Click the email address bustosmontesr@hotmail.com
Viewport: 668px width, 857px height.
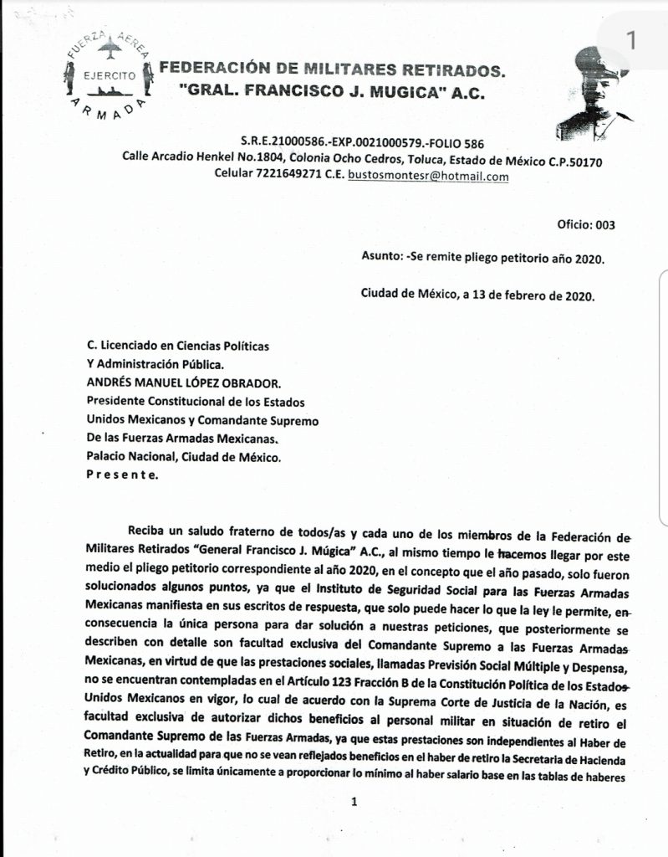[x=427, y=177]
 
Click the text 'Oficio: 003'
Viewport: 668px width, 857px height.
[x=585, y=224]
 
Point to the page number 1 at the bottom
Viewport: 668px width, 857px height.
[x=354, y=801]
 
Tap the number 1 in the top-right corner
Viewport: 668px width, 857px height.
[x=631, y=39]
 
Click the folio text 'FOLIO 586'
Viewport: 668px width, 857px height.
[x=454, y=143]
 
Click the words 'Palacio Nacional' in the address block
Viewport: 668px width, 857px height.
[x=135, y=458]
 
